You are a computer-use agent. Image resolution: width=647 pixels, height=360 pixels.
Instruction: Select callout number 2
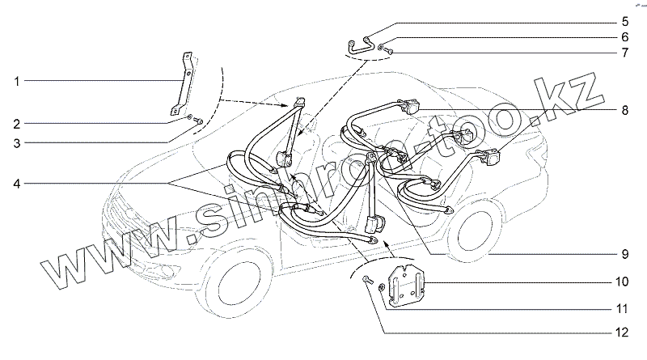(17, 124)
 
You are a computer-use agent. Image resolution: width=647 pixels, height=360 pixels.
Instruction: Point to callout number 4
(17, 183)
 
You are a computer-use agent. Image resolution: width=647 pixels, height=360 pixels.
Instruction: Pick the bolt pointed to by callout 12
(366, 280)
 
